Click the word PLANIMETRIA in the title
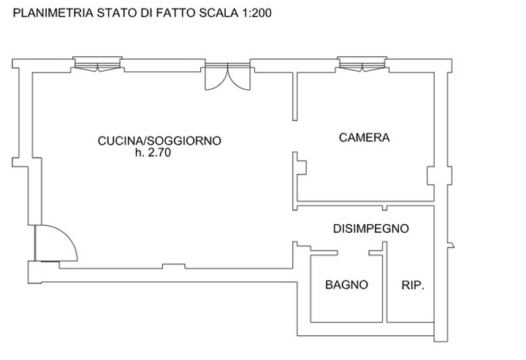[x=53, y=13]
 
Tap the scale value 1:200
[x=255, y=13]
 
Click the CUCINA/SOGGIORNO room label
[x=159, y=141]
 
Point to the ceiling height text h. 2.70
[x=153, y=153]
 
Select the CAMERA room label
[x=365, y=138]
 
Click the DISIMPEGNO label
[x=370, y=229]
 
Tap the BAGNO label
[x=346, y=285]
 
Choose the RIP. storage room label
[x=413, y=286]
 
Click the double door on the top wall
[x=227, y=77]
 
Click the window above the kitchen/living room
[x=97, y=64]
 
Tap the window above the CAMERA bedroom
[x=362, y=64]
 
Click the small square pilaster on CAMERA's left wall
[x=302, y=168]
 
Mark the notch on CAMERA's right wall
[x=431, y=176]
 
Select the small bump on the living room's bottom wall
[x=174, y=266]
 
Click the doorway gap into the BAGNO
[x=354, y=253]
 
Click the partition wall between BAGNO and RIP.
[x=385, y=283]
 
